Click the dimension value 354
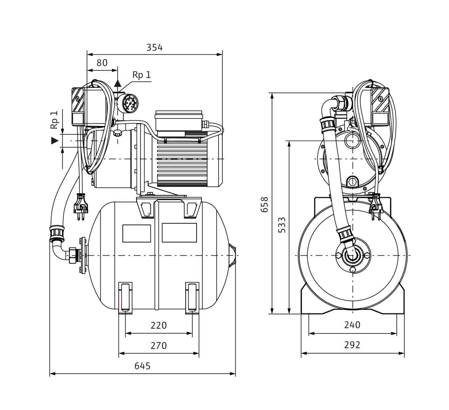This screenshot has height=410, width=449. [154, 47]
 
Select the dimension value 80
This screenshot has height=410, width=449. [102, 63]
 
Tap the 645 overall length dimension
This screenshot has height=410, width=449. [142, 366]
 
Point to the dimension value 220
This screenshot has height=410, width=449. [159, 325]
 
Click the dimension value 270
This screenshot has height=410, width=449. [159, 346]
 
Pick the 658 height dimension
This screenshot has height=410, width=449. [264, 204]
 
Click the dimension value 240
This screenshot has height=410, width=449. [352, 325]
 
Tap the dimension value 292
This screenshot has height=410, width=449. [352, 345]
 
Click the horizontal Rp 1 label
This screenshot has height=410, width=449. [142, 75]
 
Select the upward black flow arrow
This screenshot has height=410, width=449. [118, 83]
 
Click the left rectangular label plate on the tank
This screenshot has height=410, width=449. [136, 233]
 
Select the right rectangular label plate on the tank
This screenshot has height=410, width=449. [180, 233]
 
